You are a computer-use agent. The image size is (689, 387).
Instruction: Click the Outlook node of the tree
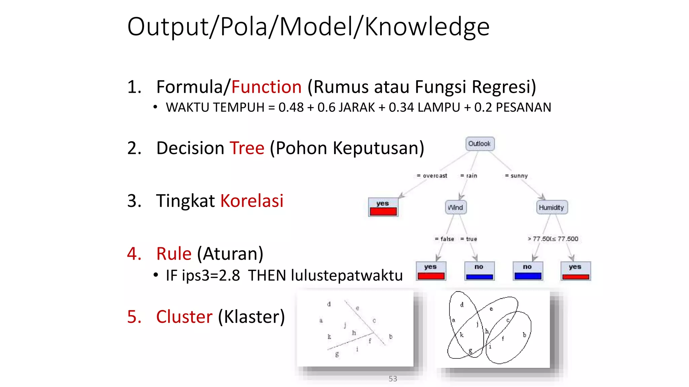(x=480, y=144)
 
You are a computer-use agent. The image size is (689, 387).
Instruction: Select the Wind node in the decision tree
(x=456, y=208)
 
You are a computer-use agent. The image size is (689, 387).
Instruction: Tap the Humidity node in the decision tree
(x=551, y=208)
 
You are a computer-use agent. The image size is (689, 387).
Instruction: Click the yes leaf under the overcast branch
(x=383, y=207)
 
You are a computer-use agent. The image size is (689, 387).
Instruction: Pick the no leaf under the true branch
(x=479, y=271)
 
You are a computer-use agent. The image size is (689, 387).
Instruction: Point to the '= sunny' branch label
(x=516, y=176)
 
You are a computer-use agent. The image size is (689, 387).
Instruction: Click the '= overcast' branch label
(x=432, y=176)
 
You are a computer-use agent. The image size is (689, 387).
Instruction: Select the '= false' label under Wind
(x=444, y=239)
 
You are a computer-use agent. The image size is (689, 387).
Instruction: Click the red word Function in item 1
(x=266, y=87)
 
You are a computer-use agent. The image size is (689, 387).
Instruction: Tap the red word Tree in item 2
(x=247, y=148)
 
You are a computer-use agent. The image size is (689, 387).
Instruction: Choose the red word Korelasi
(x=252, y=201)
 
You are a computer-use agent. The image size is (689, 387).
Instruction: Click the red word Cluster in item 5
(x=184, y=317)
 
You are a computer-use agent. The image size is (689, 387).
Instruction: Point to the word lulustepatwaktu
(x=347, y=275)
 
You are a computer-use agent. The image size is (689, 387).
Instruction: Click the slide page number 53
(x=393, y=379)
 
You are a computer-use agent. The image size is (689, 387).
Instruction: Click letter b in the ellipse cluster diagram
(x=524, y=335)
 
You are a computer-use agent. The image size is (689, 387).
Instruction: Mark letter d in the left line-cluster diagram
(x=329, y=304)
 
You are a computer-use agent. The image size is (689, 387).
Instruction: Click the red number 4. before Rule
(x=134, y=254)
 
